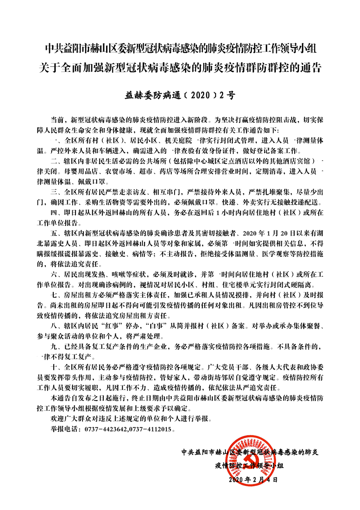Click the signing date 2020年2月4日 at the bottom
[253, 480]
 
